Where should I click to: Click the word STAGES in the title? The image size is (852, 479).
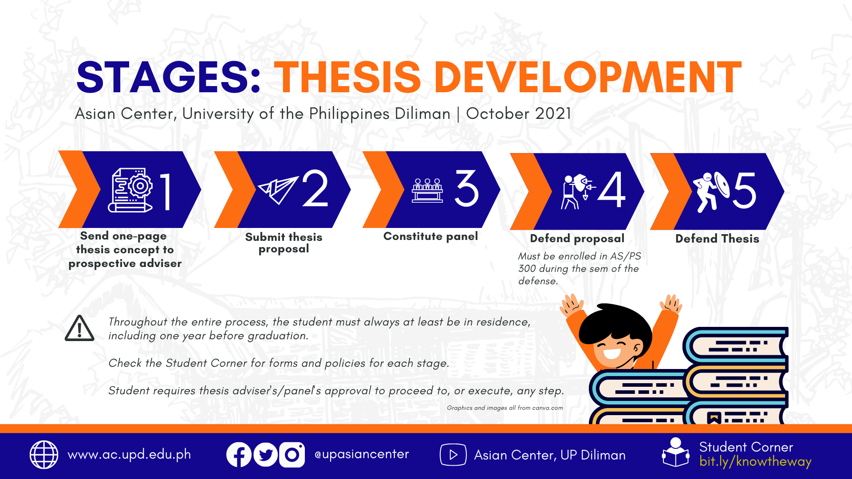coord(169,77)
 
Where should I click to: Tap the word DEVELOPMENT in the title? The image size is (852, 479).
coord(588,77)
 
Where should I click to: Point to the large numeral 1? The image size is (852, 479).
coord(166,191)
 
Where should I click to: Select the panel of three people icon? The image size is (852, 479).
coord(427,191)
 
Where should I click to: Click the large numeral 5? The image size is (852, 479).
coord(745,190)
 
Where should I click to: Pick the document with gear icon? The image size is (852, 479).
coord(130,190)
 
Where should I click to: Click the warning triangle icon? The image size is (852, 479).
coord(79,328)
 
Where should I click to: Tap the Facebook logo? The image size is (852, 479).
coord(239,455)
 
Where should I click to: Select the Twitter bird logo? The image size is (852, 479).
coord(265,455)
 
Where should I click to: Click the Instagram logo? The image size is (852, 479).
coord(292,455)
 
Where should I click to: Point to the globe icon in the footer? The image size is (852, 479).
coord(44,455)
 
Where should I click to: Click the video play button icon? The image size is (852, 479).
coord(453,455)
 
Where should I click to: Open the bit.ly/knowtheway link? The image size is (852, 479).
coord(755,462)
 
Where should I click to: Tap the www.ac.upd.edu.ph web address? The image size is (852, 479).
coord(129,455)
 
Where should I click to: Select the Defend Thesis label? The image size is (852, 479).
coord(717,239)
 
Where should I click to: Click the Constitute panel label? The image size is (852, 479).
coord(430,236)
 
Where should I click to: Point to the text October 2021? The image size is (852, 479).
coord(518,114)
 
